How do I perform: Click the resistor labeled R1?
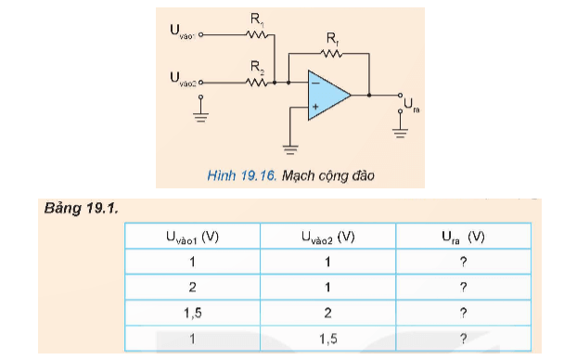259,34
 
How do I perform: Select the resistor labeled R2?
259,82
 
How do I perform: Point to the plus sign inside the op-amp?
315,108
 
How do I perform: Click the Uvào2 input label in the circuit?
183,82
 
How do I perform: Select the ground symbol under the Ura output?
401,132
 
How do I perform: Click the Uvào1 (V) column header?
192,238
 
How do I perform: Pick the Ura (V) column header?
463,238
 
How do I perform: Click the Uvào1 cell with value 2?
192,287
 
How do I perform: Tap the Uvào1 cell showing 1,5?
192,313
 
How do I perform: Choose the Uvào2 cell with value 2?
327,313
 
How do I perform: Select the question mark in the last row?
463,338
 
